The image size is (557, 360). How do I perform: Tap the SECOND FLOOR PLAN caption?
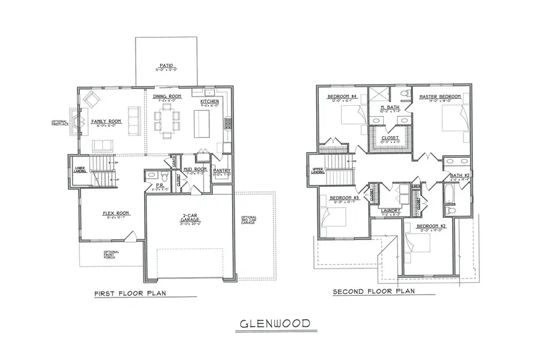373,291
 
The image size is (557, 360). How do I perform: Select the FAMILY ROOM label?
106,121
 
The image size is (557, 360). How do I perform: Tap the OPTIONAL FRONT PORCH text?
111,255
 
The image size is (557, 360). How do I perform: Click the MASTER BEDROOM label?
439,96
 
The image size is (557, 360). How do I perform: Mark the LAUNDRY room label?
391,211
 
